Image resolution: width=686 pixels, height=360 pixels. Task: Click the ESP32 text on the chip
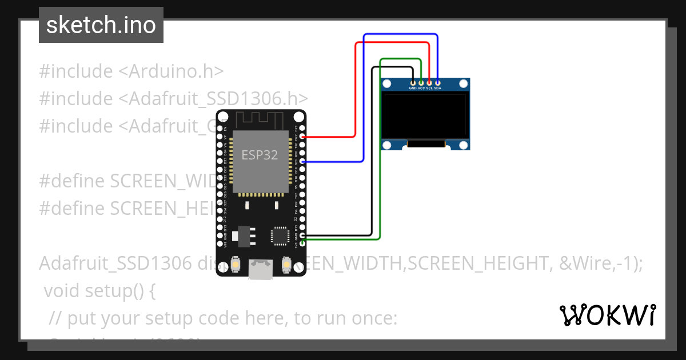[x=260, y=155]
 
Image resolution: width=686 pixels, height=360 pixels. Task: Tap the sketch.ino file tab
[x=101, y=25]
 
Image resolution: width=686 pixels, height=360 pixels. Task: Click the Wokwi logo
[x=607, y=315]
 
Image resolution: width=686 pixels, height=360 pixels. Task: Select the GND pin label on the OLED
[x=412, y=89]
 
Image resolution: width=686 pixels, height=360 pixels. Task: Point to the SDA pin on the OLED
[x=438, y=83]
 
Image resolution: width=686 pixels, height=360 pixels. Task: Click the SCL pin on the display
[x=429, y=83]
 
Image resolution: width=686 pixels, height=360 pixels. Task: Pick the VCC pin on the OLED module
[x=421, y=83]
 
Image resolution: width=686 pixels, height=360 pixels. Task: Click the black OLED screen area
[x=425, y=117]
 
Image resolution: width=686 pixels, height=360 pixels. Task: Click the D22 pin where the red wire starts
[x=302, y=137]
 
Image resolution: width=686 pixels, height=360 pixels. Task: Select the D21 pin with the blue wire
[x=302, y=162]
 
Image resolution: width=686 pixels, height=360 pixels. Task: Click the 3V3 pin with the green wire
[x=302, y=243]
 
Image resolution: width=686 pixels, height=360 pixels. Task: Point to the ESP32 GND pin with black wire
[x=302, y=235]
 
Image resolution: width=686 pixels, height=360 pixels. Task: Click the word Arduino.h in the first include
[x=175, y=71]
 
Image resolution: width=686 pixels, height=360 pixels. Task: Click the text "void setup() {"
[x=99, y=291]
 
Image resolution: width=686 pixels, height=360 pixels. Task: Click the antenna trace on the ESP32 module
[x=261, y=120]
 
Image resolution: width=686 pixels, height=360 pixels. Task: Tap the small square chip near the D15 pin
[x=280, y=235]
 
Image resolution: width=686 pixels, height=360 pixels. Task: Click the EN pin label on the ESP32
[x=225, y=129]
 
